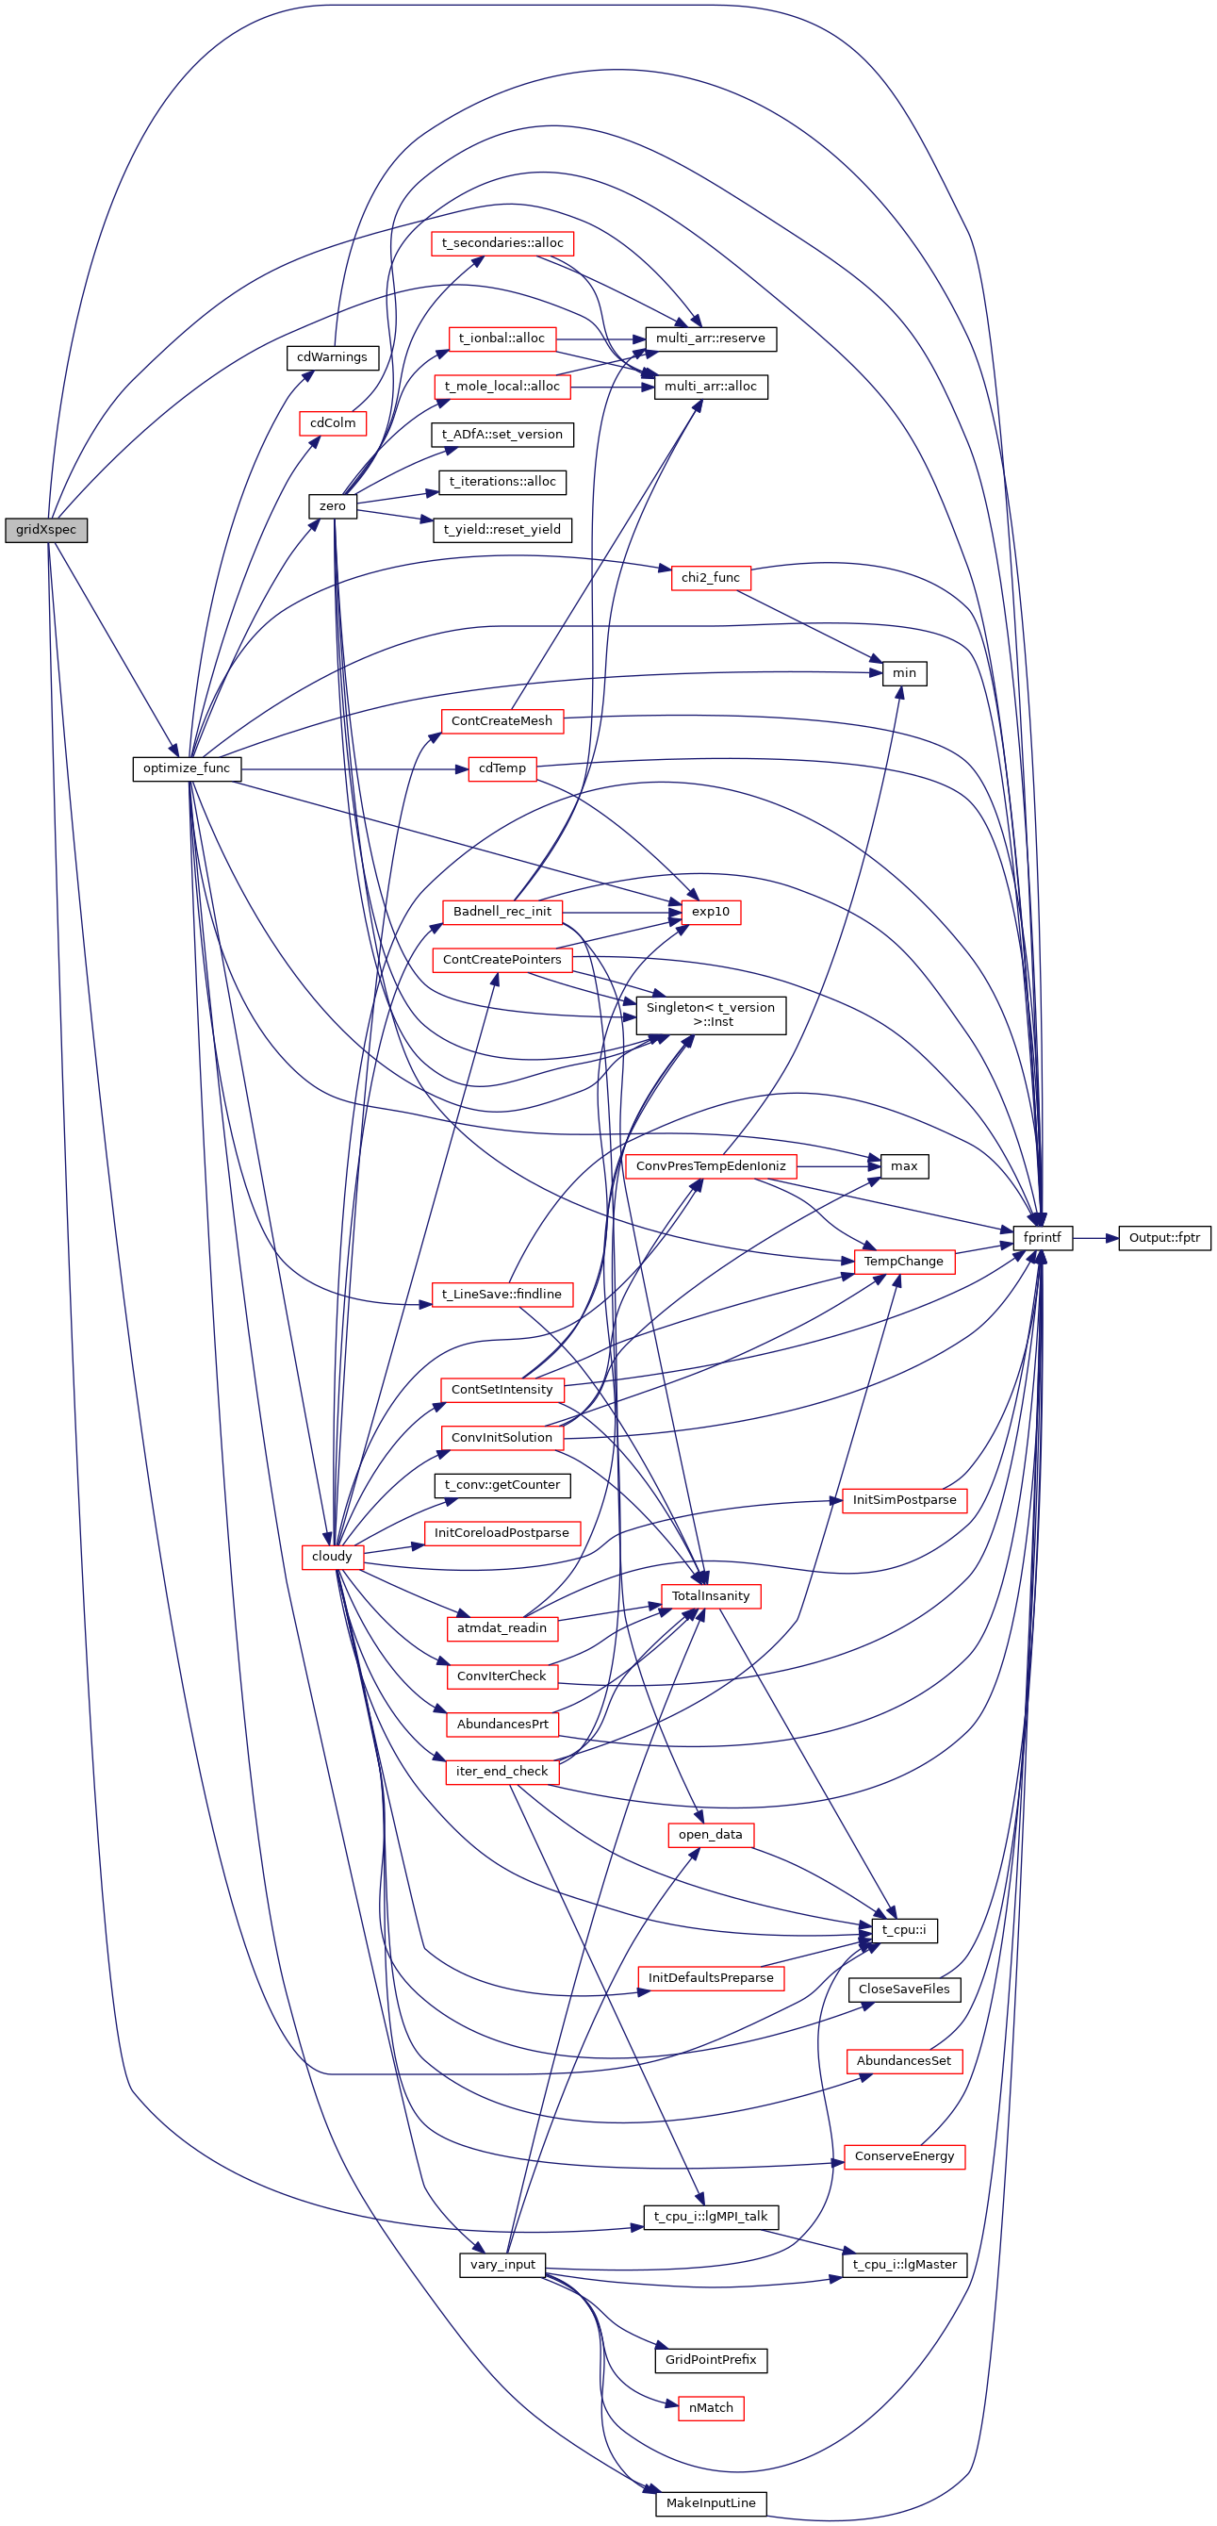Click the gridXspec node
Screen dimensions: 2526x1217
(46, 530)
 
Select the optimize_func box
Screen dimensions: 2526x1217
(187, 768)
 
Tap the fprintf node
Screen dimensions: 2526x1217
(1042, 1237)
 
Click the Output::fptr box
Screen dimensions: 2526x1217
(1164, 1237)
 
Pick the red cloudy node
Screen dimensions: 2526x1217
(333, 1556)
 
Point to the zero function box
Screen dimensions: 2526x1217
(333, 506)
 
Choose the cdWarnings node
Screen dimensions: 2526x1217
(332, 357)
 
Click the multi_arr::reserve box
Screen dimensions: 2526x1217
(710, 338)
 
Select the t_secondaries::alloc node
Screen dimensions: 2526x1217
(502, 243)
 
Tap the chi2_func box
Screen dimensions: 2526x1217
(710, 578)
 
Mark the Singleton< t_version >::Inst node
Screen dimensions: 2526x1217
(710, 1014)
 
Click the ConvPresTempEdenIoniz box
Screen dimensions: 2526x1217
(710, 1166)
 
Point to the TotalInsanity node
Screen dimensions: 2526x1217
(710, 1596)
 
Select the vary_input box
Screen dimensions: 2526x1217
(502, 2264)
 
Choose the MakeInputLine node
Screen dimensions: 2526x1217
(710, 2502)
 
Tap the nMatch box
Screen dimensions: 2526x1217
(710, 2407)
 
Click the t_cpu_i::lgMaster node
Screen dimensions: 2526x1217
(904, 2264)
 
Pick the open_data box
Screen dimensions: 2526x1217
(710, 1834)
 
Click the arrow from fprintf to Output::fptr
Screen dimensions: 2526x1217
(1094, 1237)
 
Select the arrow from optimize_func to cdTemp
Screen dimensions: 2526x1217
(354, 768)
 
